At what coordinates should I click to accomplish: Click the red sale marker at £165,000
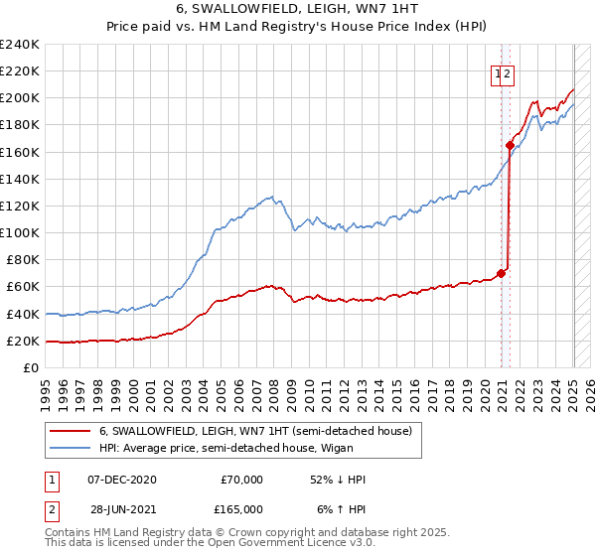pyautogui.click(x=510, y=145)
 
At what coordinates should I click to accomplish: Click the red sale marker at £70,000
pyautogui.click(x=501, y=273)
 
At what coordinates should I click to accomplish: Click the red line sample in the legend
pyautogui.click(x=71, y=431)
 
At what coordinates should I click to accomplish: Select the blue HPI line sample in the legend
pyautogui.click(x=71, y=449)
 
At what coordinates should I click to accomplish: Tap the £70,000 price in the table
pyautogui.click(x=240, y=480)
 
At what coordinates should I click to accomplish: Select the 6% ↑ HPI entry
pyautogui.click(x=342, y=508)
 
